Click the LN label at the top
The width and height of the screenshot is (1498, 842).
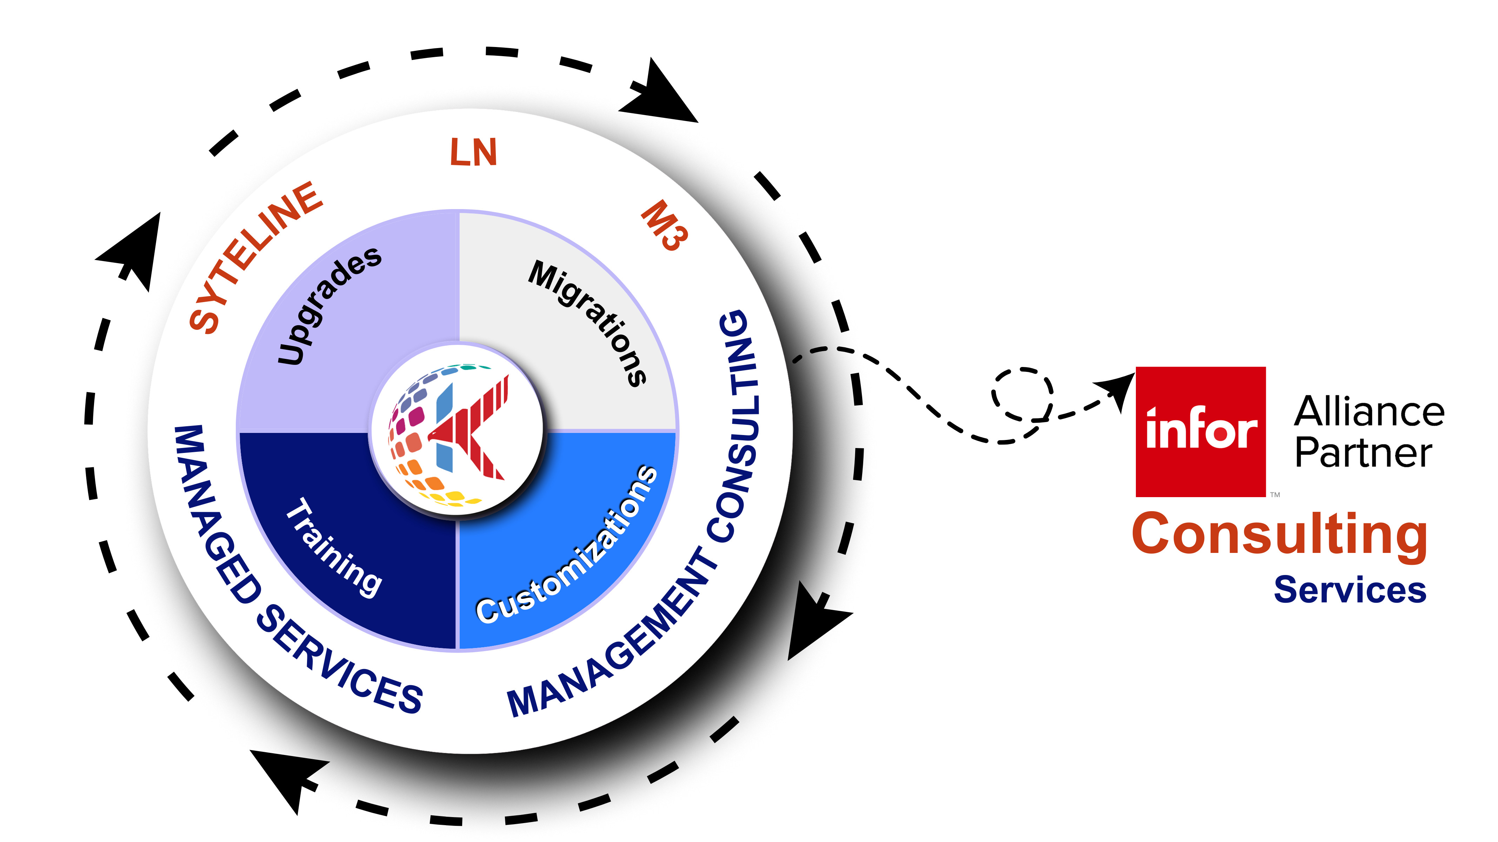(473, 152)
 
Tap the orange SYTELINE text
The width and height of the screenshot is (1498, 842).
(256, 258)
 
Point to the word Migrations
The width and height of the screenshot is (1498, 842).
(588, 322)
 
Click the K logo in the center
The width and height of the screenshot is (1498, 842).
(457, 430)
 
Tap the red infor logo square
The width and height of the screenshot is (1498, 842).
(1200, 432)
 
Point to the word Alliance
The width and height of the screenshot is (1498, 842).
(1369, 412)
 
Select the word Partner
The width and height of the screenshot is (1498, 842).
(1363, 454)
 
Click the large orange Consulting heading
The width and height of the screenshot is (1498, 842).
(1279, 535)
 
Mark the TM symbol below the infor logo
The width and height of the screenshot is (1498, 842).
(1275, 495)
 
